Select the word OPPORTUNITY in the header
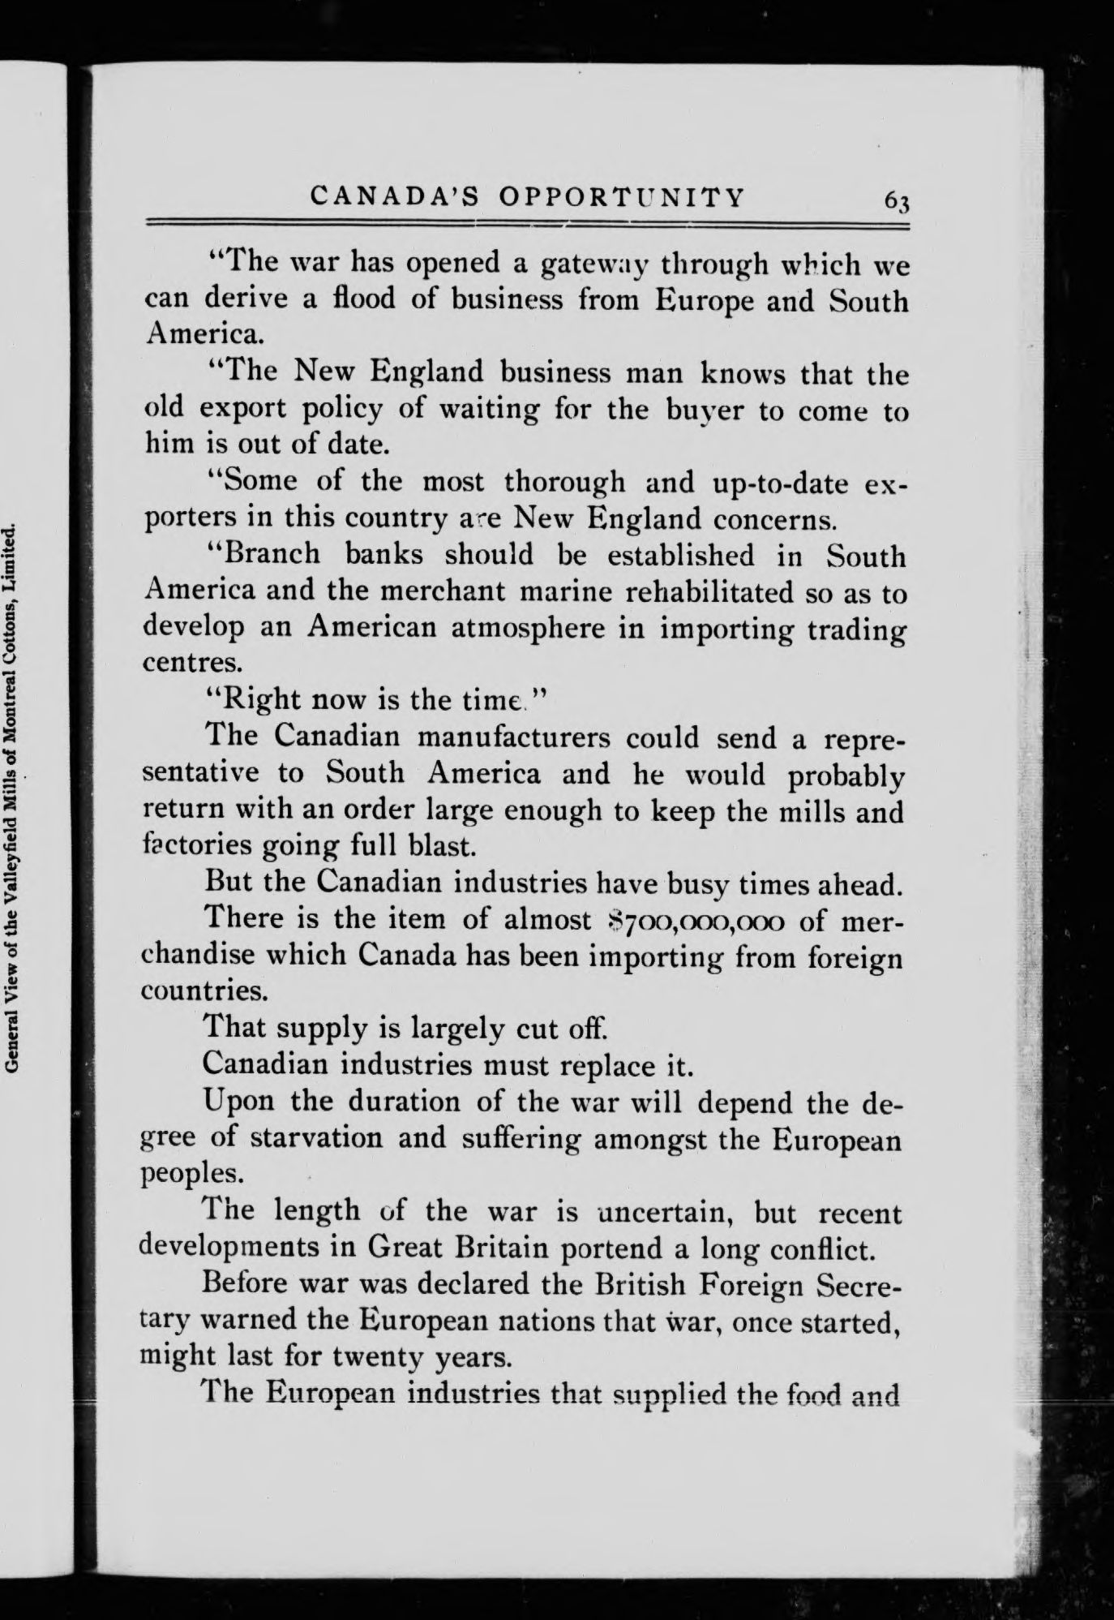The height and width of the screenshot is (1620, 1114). tap(621, 197)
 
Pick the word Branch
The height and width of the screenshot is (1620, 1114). tap(273, 554)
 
